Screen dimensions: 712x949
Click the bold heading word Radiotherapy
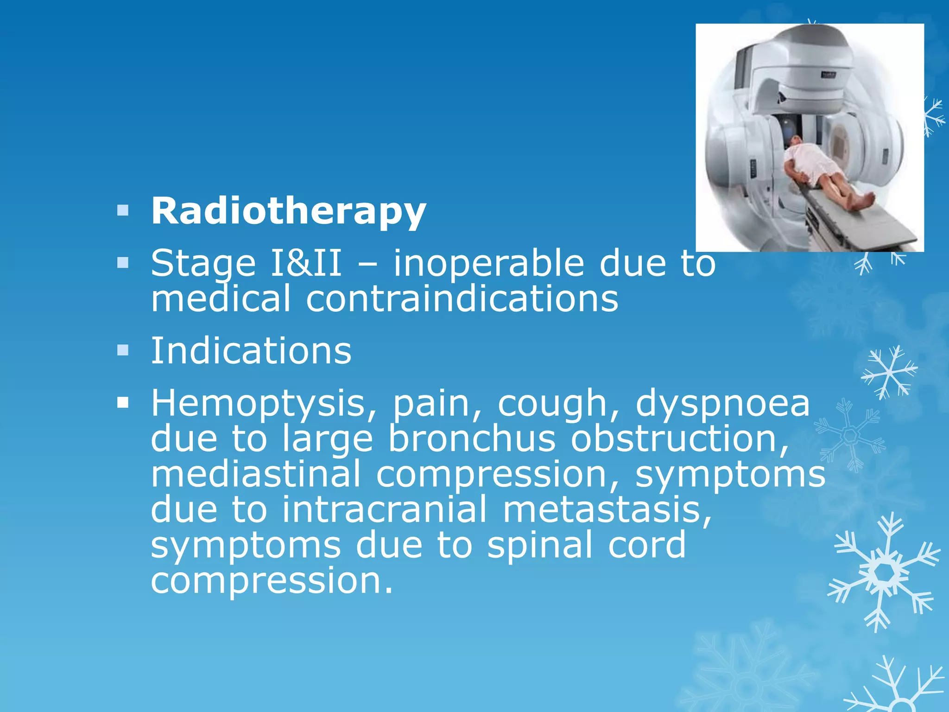288,212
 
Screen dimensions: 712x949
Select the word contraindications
462,299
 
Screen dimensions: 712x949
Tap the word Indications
251,351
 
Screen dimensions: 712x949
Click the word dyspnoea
722,404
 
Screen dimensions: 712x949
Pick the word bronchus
471,439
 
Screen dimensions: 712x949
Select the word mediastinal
255,474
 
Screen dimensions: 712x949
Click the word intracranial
384,509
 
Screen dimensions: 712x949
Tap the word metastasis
607,509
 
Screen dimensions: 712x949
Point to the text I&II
306,263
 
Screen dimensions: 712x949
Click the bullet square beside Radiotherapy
123,211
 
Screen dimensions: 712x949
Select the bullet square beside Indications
123,350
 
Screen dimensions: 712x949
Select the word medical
221,299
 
